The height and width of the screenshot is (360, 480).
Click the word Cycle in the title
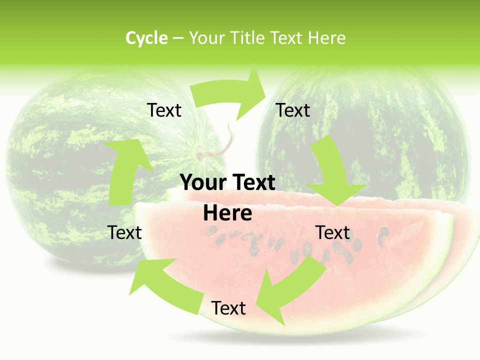pyautogui.click(x=146, y=38)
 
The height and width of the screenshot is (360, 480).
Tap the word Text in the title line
pyautogui.click(x=286, y=38)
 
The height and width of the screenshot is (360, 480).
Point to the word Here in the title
pyautogui.click(x=326, y=38)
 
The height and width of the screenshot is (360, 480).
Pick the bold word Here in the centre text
pyautogui.click(x=227, y=213)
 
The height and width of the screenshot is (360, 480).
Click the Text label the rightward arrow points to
pyautogui.click(x=293, y=110)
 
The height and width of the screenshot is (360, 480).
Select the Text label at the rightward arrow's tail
pyautogui.click(x=164, y=110)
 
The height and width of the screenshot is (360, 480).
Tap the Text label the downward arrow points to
pyautogui.click(x=332, y=233)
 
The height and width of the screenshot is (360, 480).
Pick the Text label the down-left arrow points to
pyautogui.click(x=228, y=308)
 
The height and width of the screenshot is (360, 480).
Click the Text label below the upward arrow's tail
pyautogui.click(x=124, y=233)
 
